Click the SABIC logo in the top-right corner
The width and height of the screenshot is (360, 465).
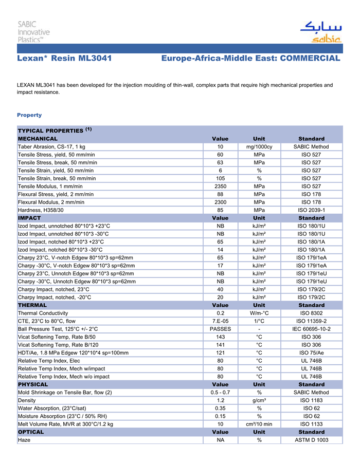(x=320, y=32)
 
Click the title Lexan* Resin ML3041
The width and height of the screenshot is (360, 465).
(x=64, y=59)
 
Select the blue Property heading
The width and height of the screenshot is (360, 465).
(x=29, y=115)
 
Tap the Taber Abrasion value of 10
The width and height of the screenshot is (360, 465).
(x=220, y=147)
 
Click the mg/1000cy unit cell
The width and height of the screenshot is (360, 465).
(x=259, y=147)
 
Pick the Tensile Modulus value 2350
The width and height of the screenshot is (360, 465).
(x=220, y=186)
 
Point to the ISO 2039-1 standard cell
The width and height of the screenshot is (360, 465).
(x=311, y=210)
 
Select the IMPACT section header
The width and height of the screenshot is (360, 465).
(x=29, y=218)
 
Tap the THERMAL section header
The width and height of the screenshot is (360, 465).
(x=32, y=305)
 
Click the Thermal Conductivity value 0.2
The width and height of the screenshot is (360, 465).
(x=220, y=313)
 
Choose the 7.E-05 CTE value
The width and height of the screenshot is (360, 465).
(x=220, y=321)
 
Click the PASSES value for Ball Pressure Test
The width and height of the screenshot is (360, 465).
(x=220, y=329)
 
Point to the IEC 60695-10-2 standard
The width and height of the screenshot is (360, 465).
(x=311, y=329)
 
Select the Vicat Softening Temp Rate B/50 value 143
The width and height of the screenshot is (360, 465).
(x=220, y=337)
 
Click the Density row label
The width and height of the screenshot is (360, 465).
(x=27, y=400)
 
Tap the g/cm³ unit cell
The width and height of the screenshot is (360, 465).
(x=259, y=400)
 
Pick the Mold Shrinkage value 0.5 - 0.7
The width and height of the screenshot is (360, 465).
(x=220, y=393)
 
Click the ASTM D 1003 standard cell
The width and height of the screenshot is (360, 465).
(x=311, y=440)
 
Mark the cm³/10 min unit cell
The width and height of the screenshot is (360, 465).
(x=259, y=424)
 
